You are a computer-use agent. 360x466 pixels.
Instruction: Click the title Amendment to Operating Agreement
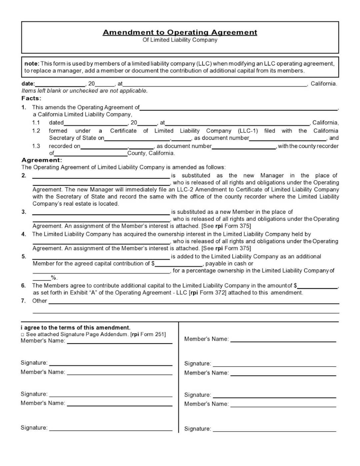coord(180,32)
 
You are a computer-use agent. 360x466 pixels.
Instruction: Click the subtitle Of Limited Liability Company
coord(180,40)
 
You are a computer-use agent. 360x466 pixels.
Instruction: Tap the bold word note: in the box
coord(32,64)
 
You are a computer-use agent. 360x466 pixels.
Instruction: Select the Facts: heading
coord(31,98)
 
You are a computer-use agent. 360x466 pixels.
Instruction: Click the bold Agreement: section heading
coord(42,160)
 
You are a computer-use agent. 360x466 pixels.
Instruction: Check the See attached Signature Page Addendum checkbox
coord(23,335)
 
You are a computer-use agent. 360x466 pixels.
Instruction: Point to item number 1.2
coord(36,131)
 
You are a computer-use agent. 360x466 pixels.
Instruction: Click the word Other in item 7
coord(39,301)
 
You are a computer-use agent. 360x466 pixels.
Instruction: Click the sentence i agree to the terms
coord(76,328)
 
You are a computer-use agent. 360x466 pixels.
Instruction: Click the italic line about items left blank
coord(84,91)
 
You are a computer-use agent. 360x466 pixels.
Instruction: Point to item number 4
coord(24,234)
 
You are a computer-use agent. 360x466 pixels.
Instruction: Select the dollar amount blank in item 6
coord(318,286)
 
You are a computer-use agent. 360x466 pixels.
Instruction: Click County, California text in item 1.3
coord(151,153)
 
